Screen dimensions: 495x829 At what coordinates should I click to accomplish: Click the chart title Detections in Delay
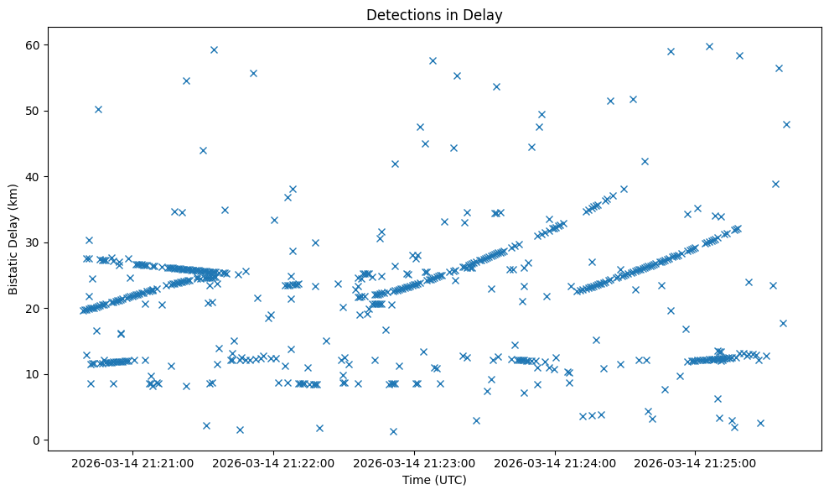pyautogui.click(x=434, y=14)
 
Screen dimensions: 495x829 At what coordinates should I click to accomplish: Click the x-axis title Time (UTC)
pyautogui.click(x=434, y=481)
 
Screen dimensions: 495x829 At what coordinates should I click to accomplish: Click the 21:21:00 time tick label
pyautogui.click(x=132, y=462)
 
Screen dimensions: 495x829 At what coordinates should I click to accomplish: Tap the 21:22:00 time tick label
pyautogui.click(x=273, y=462)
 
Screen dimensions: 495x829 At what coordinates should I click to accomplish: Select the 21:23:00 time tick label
pyautogui.click(x=414, y=462)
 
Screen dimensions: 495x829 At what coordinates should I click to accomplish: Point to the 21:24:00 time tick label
pyautogui.click(x=555, y=462)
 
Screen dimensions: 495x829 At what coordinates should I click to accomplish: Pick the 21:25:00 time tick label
pyautogui.click(x=696, y=462)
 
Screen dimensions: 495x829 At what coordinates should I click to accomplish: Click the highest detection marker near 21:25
pyautogui.click(x=709, y=46)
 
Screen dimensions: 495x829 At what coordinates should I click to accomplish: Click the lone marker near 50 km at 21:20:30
pyautogui.click(x=98, y=109)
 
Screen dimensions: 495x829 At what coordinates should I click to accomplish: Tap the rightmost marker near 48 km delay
pyautogui.click(x=786, y=124)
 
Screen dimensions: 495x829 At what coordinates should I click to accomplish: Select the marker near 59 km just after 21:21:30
pyautogui.click(x=214, y=49)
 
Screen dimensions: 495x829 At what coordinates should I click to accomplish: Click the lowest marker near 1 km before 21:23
pyautogui.click(x=393, y=431)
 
